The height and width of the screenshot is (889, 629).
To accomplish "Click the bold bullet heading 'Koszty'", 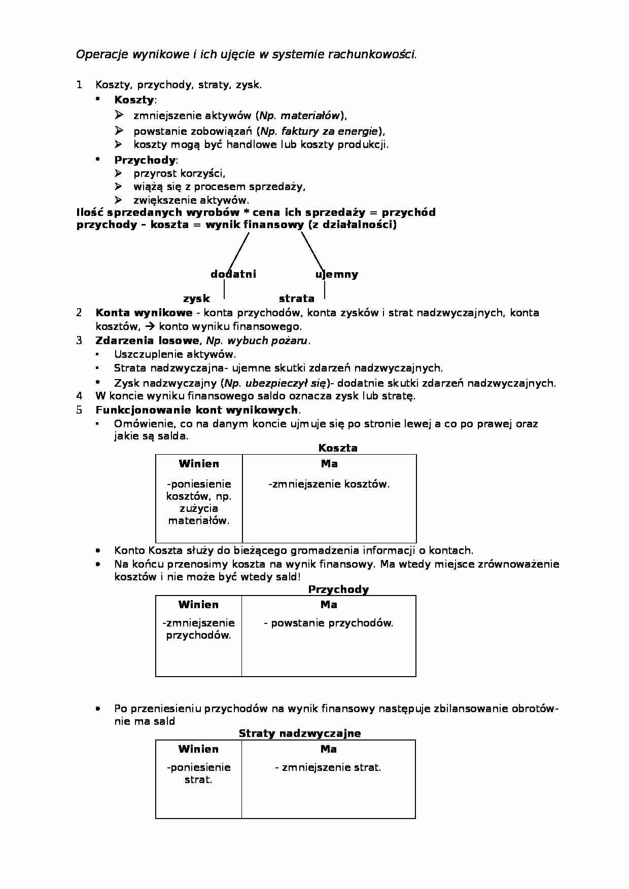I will coord(134,99).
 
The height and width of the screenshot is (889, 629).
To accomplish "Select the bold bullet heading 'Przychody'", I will coord(145,160).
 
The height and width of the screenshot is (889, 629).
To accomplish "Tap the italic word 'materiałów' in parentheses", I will coord(310,116).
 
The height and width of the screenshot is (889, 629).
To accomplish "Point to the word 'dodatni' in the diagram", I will coord(233,274).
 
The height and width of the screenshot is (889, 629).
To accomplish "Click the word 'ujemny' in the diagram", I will coord(337,274).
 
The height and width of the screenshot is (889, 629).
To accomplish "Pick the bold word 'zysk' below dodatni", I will coord(196,299).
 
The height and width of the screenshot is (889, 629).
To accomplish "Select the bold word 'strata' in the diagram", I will coord(297,299).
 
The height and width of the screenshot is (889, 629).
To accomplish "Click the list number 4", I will coord(79,396).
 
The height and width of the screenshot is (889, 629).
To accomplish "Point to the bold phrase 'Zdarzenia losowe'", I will coord(147,341).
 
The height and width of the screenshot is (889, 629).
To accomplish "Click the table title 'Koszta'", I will coord(338,448).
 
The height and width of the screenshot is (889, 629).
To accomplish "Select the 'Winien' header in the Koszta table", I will coord(199,464).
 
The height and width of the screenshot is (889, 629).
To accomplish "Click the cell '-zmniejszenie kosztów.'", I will coord(329,484).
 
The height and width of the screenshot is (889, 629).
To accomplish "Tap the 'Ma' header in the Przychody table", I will coord(329,605).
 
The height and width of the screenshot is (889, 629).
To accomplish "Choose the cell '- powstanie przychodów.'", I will coord(329,623).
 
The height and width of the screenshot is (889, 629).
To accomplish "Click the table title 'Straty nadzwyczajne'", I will coord(300,733).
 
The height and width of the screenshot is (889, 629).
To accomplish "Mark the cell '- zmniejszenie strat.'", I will coord(328,767).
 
